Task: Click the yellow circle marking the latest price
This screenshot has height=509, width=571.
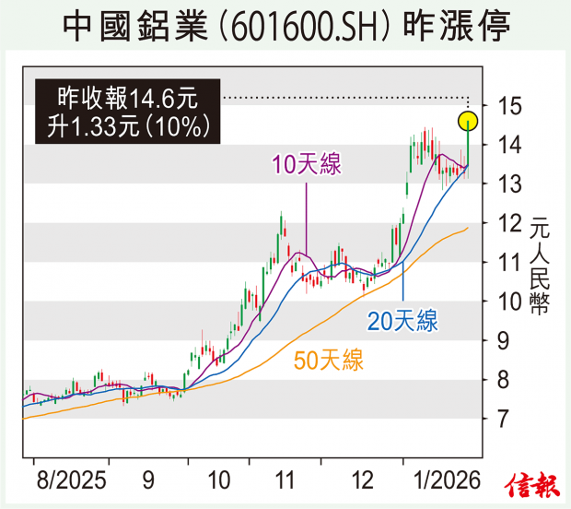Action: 468,120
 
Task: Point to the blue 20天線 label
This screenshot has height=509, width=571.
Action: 402,322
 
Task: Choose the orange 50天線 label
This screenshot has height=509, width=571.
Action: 328,361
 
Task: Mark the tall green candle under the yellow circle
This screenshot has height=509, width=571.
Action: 468,148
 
